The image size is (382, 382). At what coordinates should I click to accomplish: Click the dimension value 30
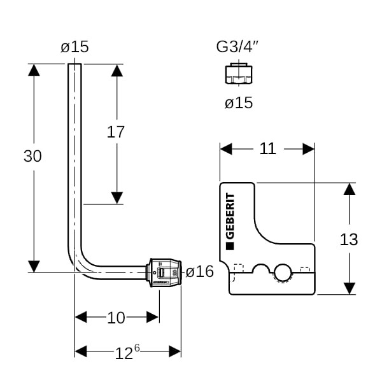click(32, 155)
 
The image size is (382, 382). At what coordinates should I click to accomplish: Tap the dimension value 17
click(115, 132)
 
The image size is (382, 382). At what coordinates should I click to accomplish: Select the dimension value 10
click(116, 317)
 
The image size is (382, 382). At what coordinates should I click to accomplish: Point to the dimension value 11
click(268, 148)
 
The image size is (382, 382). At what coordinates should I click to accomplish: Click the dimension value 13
click(349, 239)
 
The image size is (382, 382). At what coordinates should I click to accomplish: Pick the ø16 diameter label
click(199, 272)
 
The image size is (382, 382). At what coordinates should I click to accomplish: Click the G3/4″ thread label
click(238, 46)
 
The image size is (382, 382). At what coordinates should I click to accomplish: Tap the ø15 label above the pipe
click(74, 46)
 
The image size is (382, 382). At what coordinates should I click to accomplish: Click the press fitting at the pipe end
click(164, 272)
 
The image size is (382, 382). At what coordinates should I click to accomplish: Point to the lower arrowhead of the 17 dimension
click(117, 197)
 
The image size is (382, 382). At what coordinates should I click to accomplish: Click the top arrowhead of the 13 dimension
click(349, 190)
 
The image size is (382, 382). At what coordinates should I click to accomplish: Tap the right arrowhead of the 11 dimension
click(309, 149)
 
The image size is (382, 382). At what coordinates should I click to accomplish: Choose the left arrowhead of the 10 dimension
click(81, 317)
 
